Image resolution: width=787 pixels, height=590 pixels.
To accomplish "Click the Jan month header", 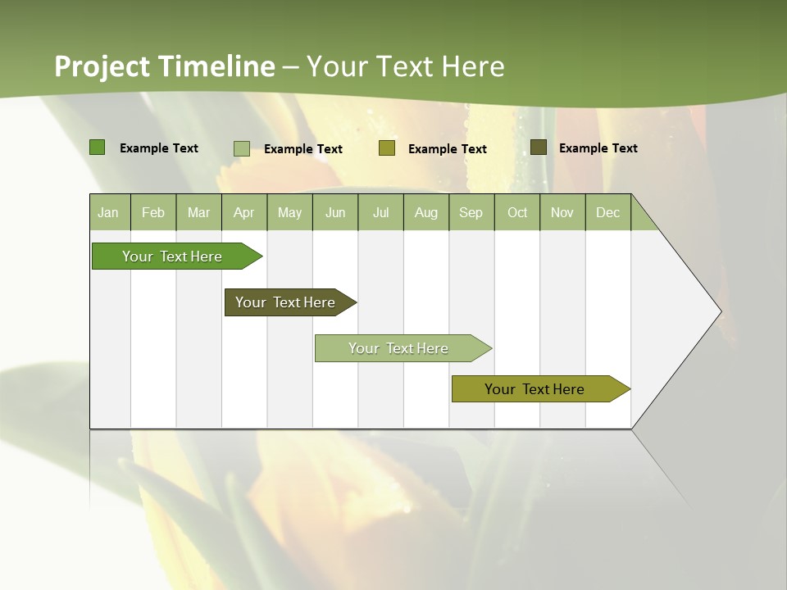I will click(x=109, y=213).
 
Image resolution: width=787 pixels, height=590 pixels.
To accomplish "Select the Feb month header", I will click(x=153, y=213).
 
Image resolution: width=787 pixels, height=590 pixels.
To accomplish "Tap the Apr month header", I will click(x=244, y=213).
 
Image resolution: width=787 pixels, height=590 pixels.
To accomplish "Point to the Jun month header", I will click(x=335, y=213).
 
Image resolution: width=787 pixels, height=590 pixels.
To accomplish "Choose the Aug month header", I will click(x=426, y=213).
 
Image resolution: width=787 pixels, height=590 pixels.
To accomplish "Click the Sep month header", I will click(x=471, y=213).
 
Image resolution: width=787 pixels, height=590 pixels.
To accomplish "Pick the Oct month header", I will click(x=517, y=213).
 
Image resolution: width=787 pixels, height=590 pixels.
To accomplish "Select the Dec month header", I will click(x=608, y=213).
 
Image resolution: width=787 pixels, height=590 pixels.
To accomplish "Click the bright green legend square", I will click(x=98, y=147).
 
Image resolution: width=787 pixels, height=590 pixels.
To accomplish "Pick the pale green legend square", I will click(x=242, y=148).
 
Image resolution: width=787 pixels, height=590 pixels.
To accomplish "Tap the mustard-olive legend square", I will click(x=387, y=148).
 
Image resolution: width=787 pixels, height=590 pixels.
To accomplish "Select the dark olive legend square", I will click(x=539, y=147).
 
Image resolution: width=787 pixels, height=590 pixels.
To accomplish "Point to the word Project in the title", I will click(x=101, y=66).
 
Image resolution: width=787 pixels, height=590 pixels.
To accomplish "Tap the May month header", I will click(x=289, y=213).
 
